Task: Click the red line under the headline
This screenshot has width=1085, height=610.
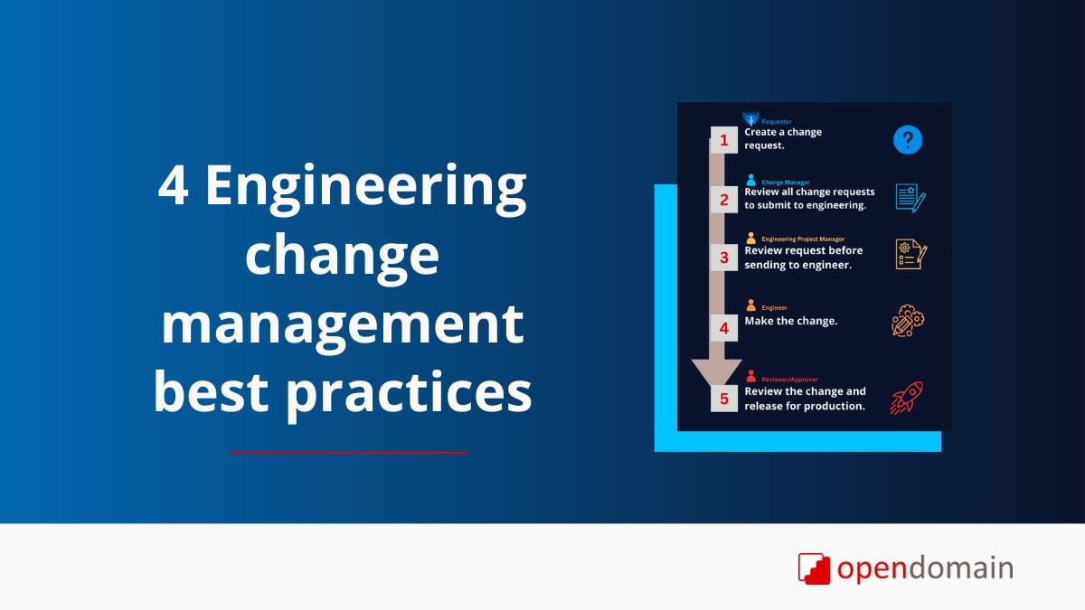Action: pyautogui.click(x=348, y=452)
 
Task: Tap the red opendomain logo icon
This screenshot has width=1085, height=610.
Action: pyautogui.click(x=814, y=568)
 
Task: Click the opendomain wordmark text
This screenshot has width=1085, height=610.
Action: pyautogui.click(x=924, y=568)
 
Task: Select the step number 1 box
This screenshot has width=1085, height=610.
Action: pyautogui.click(x=723, y=140)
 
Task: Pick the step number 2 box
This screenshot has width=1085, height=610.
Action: pyautogui.click(x=723, y=199)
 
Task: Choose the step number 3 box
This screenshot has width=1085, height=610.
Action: pyautogui.click(x=723, y=258)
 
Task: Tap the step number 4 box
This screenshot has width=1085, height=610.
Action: pyautogui.click(x=723, y=328)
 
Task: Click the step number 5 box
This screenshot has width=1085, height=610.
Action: pyautogui.click(x=723, y=398)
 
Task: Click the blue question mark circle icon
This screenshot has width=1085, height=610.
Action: pyautogui.click(x=908, y=140)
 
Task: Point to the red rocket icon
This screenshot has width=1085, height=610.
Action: pyautogui.click(x=906, y=398)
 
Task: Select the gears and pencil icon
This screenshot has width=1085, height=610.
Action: pyautogui.click(x=908, y=321)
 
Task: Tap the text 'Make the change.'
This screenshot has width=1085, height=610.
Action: pyautogui.click(x=791, y=321)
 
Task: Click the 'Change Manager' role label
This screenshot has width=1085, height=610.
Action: pyautogui.click(x=786, y=182)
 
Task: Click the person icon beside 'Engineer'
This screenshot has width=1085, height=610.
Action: pyautogui.click(x=751, y=306)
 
